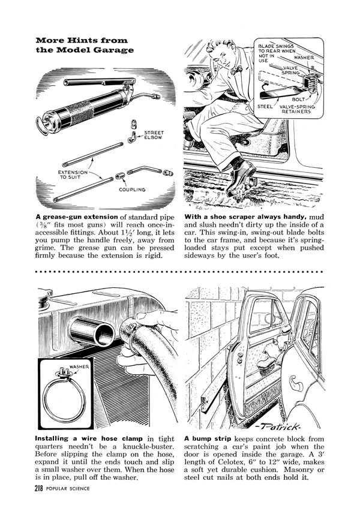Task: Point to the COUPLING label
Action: (x=131, y=190)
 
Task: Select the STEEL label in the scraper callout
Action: (x=265, y=106)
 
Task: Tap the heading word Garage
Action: (x=113, y=50)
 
